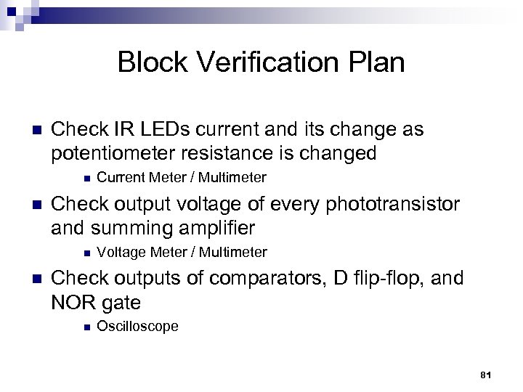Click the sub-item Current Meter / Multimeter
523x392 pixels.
[x=182, y=177]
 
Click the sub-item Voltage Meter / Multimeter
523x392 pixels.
[x=182, y=252]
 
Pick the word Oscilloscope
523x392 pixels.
[x=137, y=327]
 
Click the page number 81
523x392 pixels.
[x=487, y=375]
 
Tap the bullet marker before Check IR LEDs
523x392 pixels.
[x=31, y=131]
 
